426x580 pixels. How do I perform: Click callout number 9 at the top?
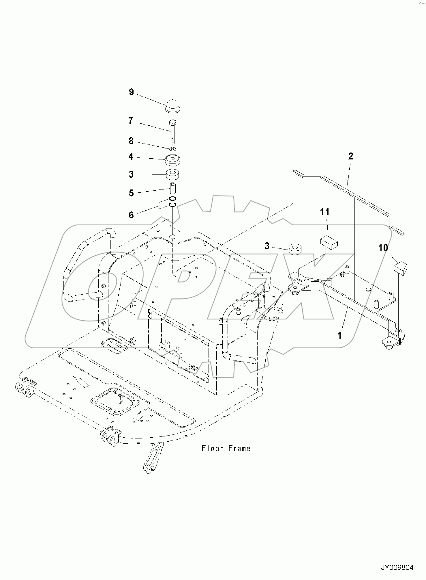pos(131,92)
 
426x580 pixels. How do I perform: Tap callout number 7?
pos(131,121)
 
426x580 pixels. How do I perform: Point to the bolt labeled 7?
pos(172,131)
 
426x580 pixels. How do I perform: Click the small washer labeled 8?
pos(173,149)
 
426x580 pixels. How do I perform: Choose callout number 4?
pos(131,157)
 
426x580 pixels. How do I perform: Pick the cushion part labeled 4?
pos(173,160)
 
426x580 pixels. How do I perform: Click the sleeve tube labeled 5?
pos(173,188)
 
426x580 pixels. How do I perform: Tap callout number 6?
pos(131,215)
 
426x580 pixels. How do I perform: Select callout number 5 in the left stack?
pos(131,193)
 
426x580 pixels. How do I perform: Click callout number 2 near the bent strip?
pos(350,156)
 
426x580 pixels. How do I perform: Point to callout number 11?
pos(324,212)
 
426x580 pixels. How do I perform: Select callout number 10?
pos(383,248)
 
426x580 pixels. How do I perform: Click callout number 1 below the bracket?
pos(339,335)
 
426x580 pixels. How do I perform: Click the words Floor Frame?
pos(226,449)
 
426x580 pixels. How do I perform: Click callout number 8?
pos(131,141)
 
